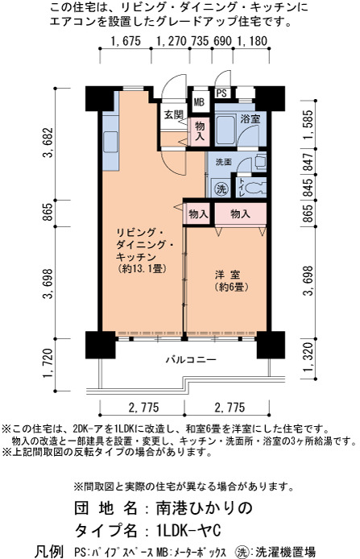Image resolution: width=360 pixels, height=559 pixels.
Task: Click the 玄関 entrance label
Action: pos(174,115)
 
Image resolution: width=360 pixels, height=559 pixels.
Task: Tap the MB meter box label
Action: pos(199,102)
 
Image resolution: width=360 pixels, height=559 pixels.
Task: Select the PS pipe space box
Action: pos(221,93)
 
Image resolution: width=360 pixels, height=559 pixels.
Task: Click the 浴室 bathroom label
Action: pos(250,118)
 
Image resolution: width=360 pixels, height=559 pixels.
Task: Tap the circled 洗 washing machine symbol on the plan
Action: pos(221,188)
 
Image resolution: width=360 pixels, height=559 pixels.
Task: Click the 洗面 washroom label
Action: pos(224,162)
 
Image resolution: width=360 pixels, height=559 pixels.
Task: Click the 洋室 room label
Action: pos(227,275)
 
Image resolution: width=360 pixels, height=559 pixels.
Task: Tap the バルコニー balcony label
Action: pos(191,359)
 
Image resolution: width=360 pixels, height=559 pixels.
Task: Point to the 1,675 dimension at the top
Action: pos(126,41)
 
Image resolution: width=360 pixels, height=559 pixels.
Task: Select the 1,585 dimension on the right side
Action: pos(309,125)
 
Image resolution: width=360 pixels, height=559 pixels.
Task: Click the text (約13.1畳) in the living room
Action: pos(143,268)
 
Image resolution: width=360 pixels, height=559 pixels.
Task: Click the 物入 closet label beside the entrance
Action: pos(200,130)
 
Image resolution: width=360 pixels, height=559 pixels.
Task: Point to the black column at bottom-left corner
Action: pos(101,345)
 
